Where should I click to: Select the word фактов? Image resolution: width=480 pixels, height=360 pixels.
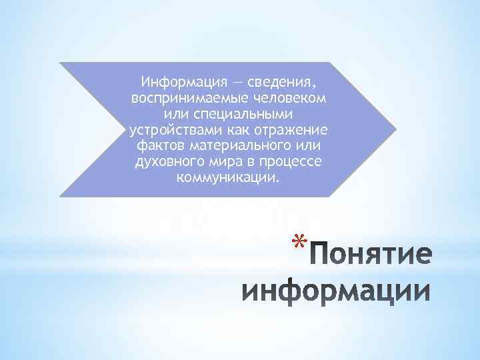(x=156, y=147)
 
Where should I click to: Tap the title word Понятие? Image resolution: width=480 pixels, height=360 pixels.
(x=371, y=256)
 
